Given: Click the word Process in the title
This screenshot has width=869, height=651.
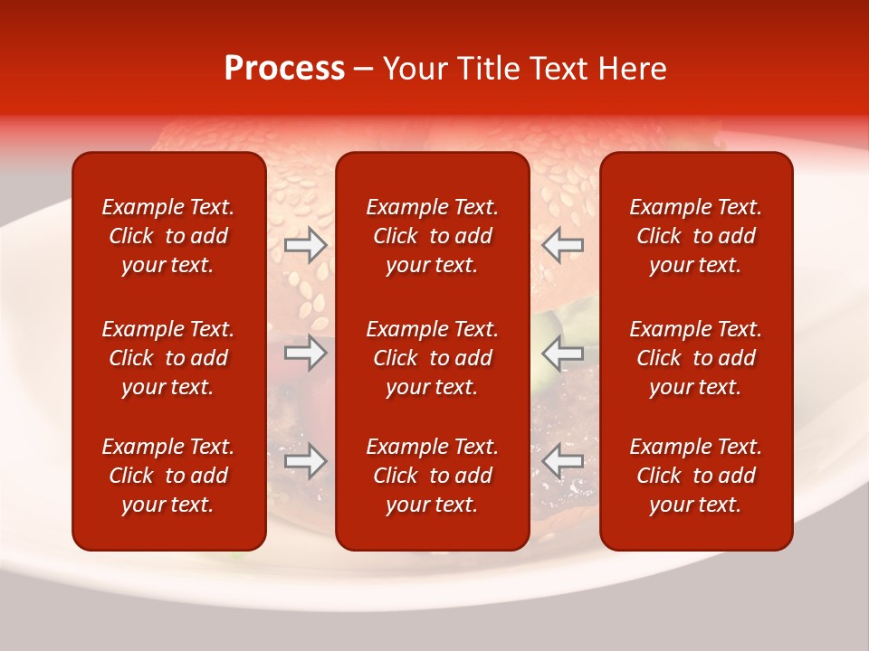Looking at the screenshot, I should pyautogui.click(x=284, y=69).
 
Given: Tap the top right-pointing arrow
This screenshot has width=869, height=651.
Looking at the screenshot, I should pyautogui.click(x=306, y=245).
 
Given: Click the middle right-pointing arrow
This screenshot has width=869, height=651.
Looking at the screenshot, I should pyautogui.click(x=306, y=353).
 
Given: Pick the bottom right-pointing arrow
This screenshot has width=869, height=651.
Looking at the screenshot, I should pyautogui.click(x=306, y=461).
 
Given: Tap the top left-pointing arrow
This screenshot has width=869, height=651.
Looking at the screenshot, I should pyautogui.click(x=562, y=245).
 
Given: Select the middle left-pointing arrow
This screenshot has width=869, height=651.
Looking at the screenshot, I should pyautogui.click(x=562, y=353).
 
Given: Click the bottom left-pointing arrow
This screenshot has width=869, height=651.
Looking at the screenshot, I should pyautogui.click(x=562, y=461).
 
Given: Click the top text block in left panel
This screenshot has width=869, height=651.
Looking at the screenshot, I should pyautogui.click(x=168, y=236).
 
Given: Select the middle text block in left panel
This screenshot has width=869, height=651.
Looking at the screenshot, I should pyautogui.click(x=168, y=358).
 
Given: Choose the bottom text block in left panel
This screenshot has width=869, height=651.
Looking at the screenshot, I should pyautogui.click(x=168, y=476).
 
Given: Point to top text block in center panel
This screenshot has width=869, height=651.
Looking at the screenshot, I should pyautogui.click(x=433, y=236).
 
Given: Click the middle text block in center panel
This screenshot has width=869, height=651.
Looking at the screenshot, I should pyautogui.click(x=433, y=358).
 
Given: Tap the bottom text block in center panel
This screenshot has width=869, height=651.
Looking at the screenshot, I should pyautogui.click(x=433, y=476).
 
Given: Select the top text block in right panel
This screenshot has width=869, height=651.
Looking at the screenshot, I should pyautogui.click(x=696, y=236).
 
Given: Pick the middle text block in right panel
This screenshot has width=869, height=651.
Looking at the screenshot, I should pyautogui.click(x=696, y=358).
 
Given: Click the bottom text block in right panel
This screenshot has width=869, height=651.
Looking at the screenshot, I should pyautogui.click(x=696, y=476).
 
